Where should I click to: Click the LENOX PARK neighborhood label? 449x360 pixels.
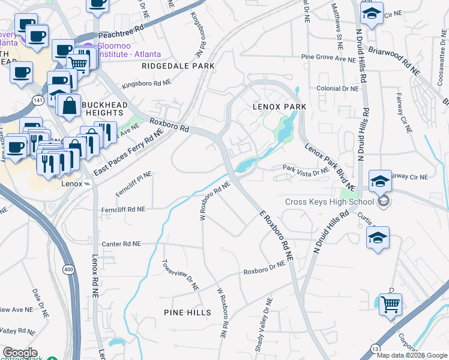(x=279, y=106)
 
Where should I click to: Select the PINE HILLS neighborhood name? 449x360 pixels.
(x=187, y=313)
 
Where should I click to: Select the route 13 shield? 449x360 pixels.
(x=375, y=347)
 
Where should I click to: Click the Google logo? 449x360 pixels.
(x=20, y=353)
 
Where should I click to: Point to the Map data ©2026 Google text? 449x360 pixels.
(x=412, y=355)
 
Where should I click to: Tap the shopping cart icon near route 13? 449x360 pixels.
(x=390, y=304)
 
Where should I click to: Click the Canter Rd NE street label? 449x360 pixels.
(x=121, y=244)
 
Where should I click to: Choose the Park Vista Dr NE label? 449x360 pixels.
(x=306, y=170)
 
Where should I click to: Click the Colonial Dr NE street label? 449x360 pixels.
(x=337, y=88)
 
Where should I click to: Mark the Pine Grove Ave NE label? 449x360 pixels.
(x=328, y=59)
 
